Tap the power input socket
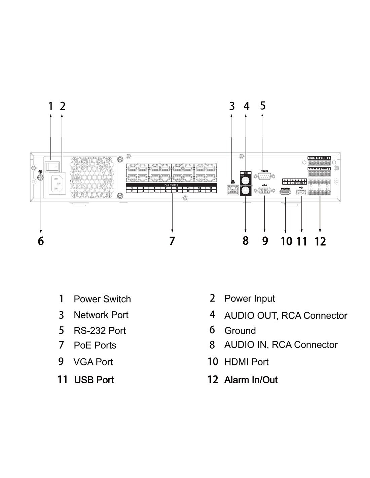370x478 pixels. coord(56,184)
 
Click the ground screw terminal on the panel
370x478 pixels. coord(41,178)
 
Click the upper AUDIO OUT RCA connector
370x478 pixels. coord(246,181)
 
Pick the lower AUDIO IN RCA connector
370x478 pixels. coord(246,191)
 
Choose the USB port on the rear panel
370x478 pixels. coord(301,192)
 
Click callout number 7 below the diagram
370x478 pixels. coord(172,241)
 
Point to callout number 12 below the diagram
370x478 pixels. coord(320,241)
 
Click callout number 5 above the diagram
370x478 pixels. coord(263,106)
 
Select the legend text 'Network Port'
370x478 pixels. coord(101,315)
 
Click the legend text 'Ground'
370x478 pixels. coord(240,331)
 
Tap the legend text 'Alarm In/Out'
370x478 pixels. coord(251,380)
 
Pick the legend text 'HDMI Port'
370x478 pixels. coord(246,362)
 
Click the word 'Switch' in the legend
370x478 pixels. coord(117,299)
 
